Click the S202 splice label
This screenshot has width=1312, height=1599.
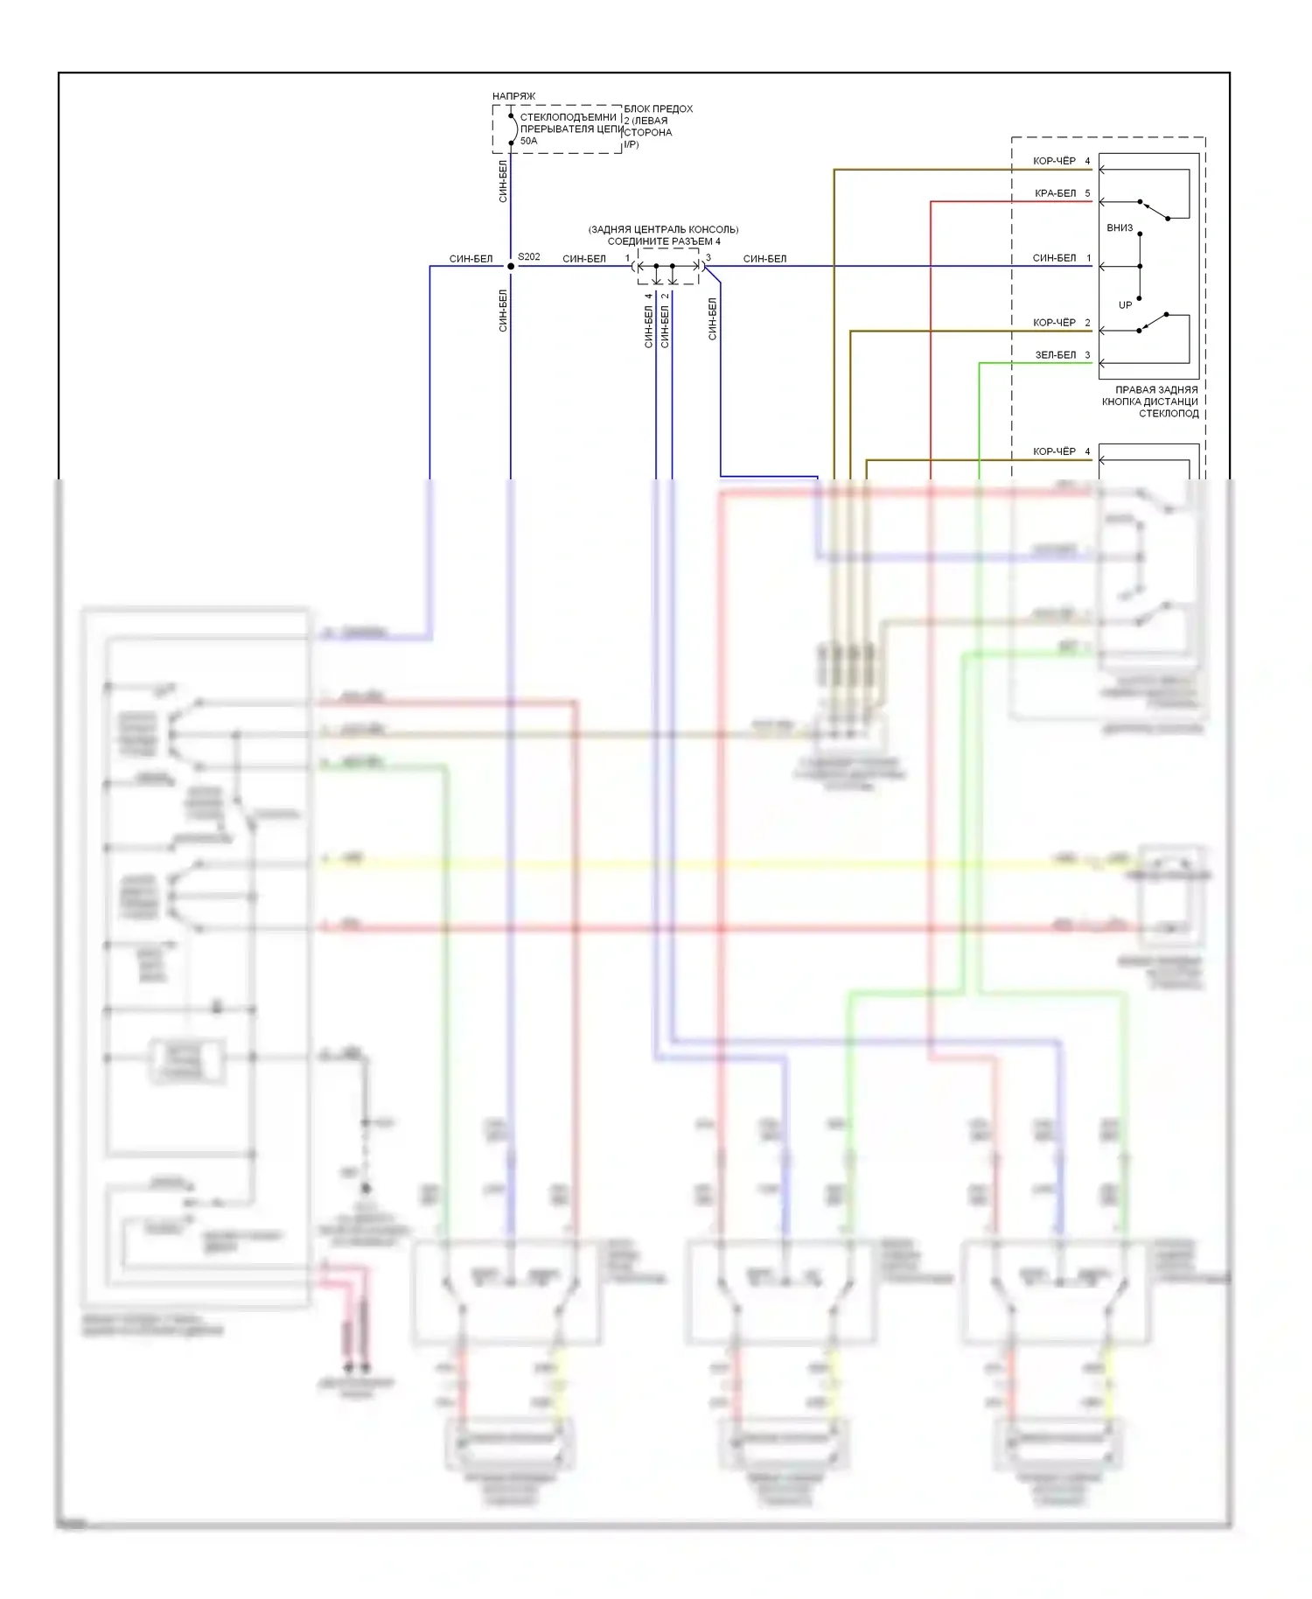coord(528,257)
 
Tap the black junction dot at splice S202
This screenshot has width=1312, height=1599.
coord(511,266)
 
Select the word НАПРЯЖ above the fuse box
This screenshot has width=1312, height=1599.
coord(513,96)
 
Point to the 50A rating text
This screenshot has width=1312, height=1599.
coord(528,141)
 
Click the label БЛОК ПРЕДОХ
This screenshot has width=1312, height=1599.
coord(658,109)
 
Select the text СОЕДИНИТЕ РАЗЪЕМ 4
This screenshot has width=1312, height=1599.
coord(664,241)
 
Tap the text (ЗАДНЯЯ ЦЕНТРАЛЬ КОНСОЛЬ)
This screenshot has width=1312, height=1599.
coord(663,230)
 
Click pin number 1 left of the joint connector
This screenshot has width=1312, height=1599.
coord(627,258)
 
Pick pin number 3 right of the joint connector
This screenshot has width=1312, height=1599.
coord(708,258)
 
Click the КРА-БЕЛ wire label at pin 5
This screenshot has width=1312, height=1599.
coord(1055,193)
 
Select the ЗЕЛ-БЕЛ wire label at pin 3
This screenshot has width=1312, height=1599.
coord(1055,355)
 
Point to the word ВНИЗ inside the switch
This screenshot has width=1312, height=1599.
coord(1120,228)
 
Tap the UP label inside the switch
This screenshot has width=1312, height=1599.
coord(1125,305)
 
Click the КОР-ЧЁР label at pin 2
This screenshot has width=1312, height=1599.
coord(1054,323)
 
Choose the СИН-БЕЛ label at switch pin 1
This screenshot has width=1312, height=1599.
coord(1054,258)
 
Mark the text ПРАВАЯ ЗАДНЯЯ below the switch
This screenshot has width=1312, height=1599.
coord(1155,390)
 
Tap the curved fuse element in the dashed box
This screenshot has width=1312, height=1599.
coord(513,129)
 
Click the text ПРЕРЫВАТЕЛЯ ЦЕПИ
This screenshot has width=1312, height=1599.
coord(570,129)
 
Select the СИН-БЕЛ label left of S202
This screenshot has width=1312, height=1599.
coord(471,259)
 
